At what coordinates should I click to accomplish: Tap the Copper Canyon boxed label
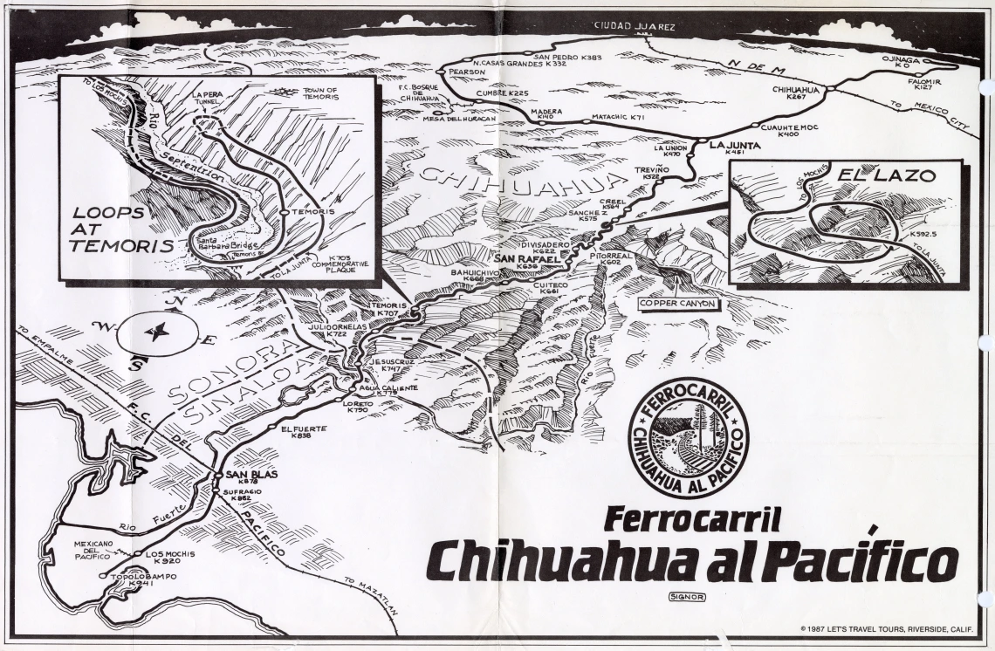tap(677, 304)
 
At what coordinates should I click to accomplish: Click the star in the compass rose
tap(158, 332)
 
